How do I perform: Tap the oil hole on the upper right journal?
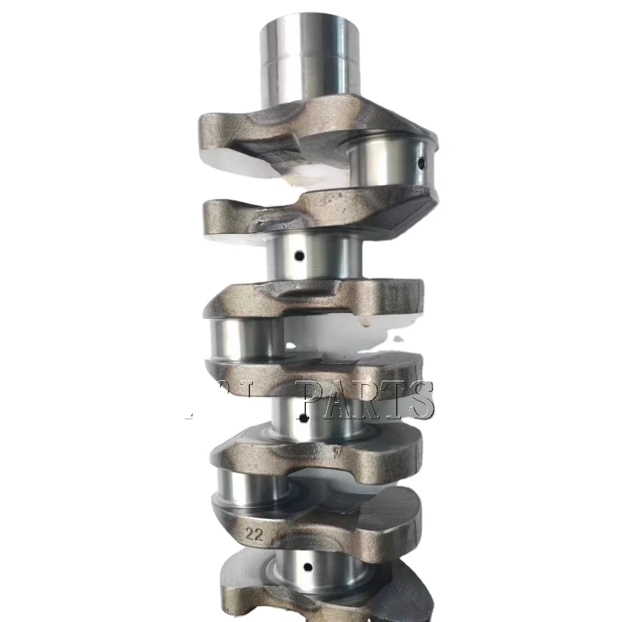point(421,164)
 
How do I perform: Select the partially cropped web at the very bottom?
point(323,599)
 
